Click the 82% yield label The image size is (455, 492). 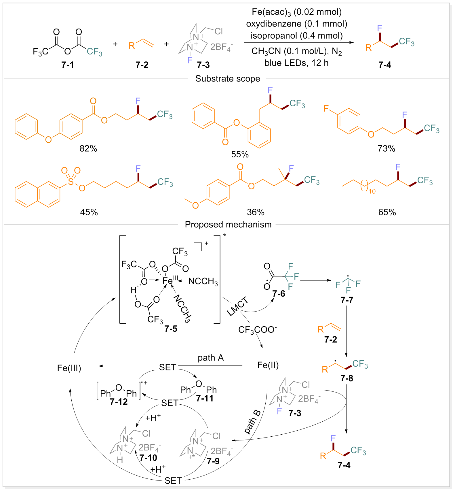pos(88,148)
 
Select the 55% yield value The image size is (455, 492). pos(240,154)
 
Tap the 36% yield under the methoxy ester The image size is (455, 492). pos(256,212)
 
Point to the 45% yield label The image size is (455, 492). pos(89,212)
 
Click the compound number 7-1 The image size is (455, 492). pos(68,65)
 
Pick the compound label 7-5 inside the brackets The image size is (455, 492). pos(171,329)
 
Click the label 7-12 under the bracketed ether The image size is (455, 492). pos(119,401)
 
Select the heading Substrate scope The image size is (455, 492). pos(227,79)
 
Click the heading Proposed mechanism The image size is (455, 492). pos(228,225)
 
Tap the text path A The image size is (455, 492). pos(210,358)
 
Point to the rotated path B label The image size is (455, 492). pos(252,422)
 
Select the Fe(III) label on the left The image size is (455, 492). pos(69,368)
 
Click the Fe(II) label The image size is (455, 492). pos(268,365)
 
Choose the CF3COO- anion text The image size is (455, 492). pos(257,329)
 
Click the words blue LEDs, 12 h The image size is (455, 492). pos(296,63)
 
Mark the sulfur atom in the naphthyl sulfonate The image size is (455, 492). pos(71,182)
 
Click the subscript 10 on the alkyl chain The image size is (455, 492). pos(372,191)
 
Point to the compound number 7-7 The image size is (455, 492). pos(347,300)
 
